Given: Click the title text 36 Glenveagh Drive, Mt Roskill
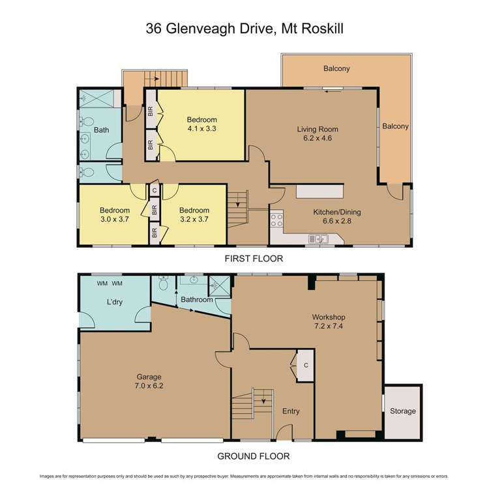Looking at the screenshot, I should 244,29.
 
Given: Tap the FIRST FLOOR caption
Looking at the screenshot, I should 254,259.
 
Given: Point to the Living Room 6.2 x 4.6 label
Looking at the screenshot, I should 318,134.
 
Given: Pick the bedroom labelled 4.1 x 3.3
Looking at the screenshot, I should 201,124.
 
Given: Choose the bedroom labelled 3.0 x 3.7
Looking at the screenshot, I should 114,215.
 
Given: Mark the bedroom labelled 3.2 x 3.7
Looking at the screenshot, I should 194,215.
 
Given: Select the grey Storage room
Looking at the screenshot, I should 402,411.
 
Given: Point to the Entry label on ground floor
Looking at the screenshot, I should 291,411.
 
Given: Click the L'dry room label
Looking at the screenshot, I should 115,304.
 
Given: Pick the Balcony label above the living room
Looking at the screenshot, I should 336,68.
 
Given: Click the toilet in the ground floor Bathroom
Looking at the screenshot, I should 162,285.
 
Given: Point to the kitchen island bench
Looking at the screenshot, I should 319,192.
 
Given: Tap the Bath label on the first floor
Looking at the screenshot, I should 101,130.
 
